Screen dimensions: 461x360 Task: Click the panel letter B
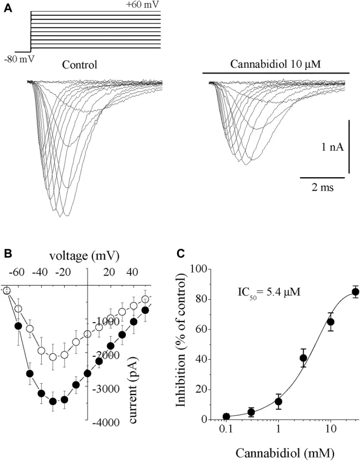[x=8, y=254]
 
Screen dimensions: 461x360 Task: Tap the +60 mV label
[x=142, y=6]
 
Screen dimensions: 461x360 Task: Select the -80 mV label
[x=18, y=59]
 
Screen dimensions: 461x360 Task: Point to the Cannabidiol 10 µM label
[x=275, y=65]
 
